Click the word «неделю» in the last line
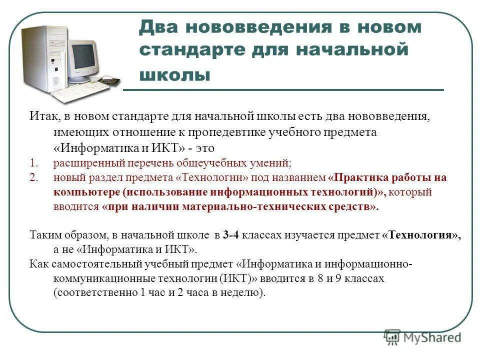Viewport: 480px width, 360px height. [x=240, y=293]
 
